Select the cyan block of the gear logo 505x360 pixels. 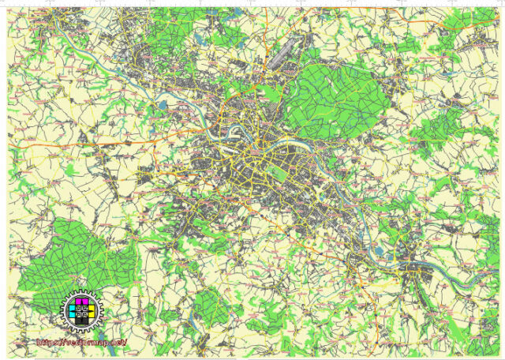coord(73,312)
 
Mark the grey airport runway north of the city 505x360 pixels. coord(279,56)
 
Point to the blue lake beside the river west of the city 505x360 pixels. coord(163,101)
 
